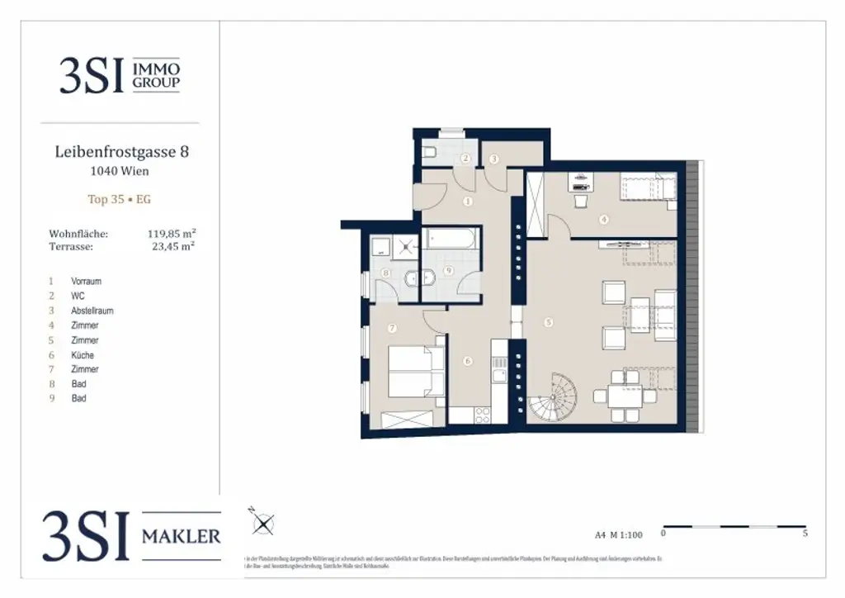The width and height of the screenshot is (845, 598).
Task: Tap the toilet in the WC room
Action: [430, 152]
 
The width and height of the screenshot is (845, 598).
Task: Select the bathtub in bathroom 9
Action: [451, 240]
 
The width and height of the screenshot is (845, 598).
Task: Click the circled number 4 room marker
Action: [604, 220]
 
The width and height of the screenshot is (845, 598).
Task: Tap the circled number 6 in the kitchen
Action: [467, 361]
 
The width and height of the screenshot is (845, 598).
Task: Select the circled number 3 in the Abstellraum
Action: [494, 159]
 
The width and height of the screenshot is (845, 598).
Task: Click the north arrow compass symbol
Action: [263, 523]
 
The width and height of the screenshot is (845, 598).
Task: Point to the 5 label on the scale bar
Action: [805, 534]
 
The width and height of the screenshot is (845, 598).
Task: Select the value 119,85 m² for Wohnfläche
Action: [171, 235]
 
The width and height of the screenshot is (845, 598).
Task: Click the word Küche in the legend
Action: [83, 355]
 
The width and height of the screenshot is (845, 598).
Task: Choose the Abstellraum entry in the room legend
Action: [92, 311]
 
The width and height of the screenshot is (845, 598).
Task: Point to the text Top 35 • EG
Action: [120, 199]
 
